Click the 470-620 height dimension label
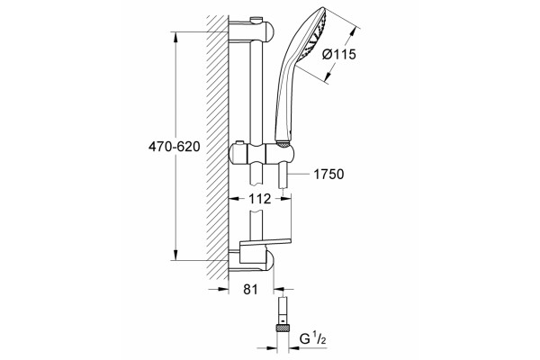click(x=174, y=147)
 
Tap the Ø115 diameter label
click(x=339, y=54)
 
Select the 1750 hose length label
click(x=328, y=175)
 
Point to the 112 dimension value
click(x=260, y=199)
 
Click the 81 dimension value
click(x=250, y=290)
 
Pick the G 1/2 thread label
click(x=312, y=341)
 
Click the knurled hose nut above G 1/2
click(x=283, y=328)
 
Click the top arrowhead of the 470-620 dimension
click(x=175, y=37)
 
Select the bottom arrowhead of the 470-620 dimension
click(x=175, y=255)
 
